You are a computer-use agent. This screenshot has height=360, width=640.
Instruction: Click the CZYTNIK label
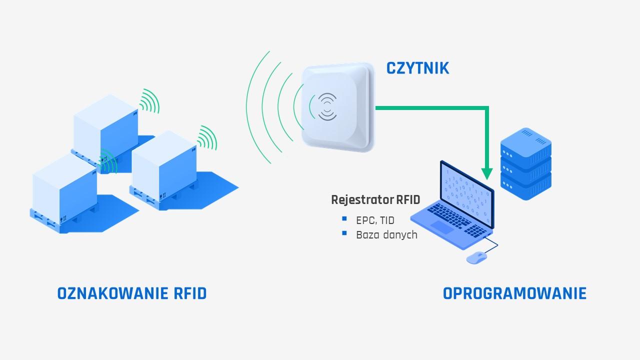pyautogui.click(x=417, y=68)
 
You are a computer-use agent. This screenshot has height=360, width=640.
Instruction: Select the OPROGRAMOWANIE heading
pyautogui.click(x=514, y=293)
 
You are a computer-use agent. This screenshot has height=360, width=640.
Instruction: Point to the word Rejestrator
pyautogui.click(x=361, y=200)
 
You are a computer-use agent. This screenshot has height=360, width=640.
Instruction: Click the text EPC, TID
pyautogui.click(x=375, y=220)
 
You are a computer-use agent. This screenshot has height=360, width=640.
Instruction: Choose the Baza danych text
pyautogui.click(x=386, y=234)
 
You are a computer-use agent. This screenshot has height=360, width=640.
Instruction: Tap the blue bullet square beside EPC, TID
pyautogui.click(x=344, y=219)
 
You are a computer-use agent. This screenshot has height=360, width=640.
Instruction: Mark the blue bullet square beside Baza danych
pyautogui.click(x=344, y=233)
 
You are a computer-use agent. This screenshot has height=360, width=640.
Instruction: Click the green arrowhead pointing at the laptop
pyautogui.click(x=486, y=173)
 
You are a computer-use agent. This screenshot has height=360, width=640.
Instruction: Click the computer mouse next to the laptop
pyautogui.click(x=476, y=257)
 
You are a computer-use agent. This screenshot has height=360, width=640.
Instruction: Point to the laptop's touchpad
pyautogui.click(x=442, y=227)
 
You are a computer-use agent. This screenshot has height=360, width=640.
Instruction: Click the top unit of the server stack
pyautogui.click(x=526, y=142)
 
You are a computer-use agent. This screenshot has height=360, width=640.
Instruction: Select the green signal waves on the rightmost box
pyautogui.click(x=207, y=137)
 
